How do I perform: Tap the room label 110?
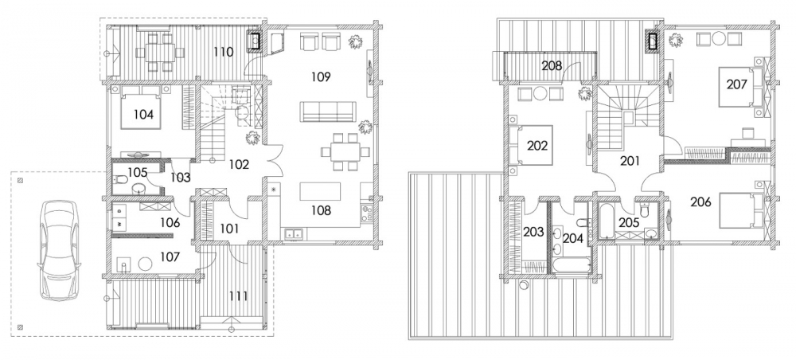click(224, 52)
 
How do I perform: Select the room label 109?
click(321, 77)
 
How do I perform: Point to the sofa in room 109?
click(327, 112)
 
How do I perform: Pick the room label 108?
click(321, 210)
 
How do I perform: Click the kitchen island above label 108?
click(320, 192)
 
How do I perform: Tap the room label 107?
click(170, 257)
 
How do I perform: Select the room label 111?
click(239, 296)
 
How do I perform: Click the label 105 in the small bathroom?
click(137, 173)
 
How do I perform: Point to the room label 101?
click(229, 229)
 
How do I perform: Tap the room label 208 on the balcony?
click(552, 65)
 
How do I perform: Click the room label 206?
click(701, 202)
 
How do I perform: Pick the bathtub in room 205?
click(607, 221)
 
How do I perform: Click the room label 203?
click(533, 233)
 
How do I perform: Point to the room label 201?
click(630, 162)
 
